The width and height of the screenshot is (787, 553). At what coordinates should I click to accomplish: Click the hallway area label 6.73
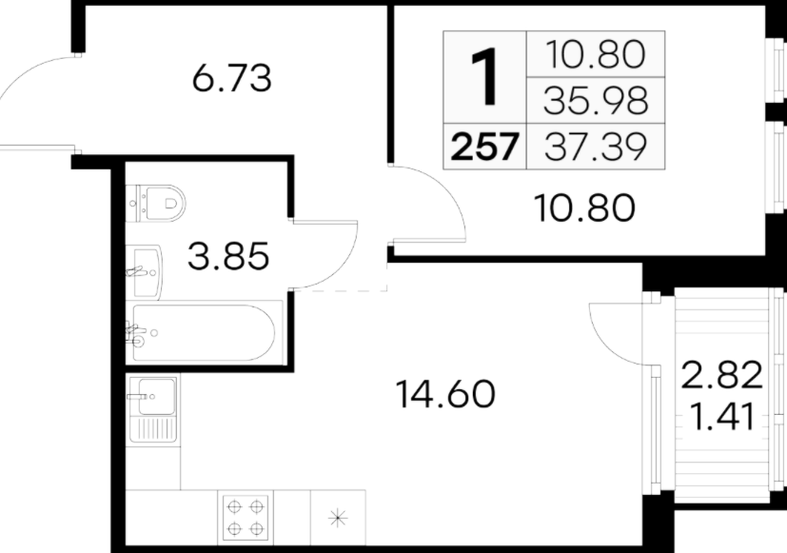tap(232, 78)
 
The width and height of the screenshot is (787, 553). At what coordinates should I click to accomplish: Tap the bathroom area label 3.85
tap(228, 256)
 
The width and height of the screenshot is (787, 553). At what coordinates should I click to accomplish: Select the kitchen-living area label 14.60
tap(445, 394)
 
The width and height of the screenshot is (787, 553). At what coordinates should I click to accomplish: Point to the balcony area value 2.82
tap(721, 375)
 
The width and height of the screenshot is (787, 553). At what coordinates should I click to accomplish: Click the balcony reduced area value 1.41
tap(721, 417)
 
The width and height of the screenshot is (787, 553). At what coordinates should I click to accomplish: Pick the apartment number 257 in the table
tap(484, 147)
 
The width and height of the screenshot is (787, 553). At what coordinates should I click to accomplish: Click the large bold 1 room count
tap(484, 77)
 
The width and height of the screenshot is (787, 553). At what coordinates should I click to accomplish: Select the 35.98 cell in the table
tap(596, 100)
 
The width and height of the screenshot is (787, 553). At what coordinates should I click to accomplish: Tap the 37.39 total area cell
tap(596, 147)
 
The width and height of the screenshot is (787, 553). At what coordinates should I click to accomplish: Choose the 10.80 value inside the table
tap(596, 54)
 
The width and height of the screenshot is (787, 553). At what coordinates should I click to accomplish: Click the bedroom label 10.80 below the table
tap(584, 208)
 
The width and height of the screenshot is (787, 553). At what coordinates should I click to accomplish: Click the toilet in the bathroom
tap(156, 204)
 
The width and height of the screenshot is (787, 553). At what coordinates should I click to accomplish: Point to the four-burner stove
tap(246, 518)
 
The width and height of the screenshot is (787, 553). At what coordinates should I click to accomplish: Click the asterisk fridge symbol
tap(338, 518)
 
